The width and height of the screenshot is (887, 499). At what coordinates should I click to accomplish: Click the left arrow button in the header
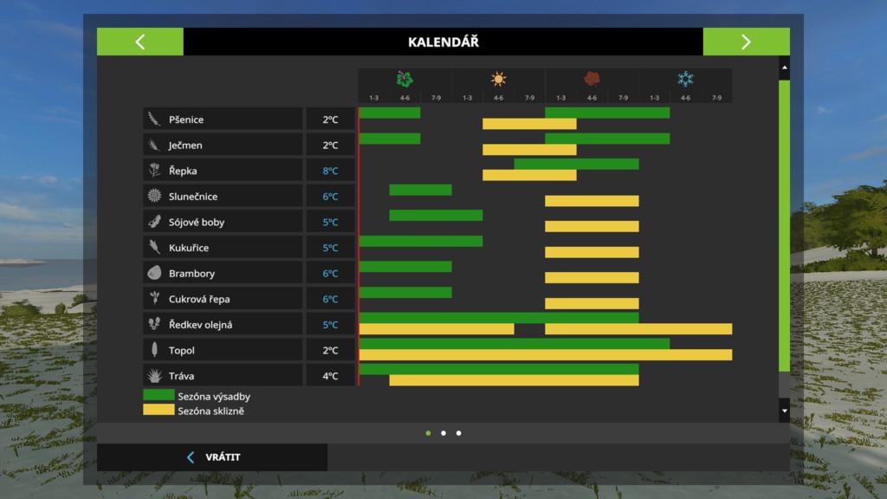(x=140, y=42)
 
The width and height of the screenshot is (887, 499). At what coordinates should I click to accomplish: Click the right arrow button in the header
(x=746, y=42)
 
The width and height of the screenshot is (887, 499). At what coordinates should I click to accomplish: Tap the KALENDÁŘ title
(x=443, y=42)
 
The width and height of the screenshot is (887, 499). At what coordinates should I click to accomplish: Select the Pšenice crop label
(x=186, y=120)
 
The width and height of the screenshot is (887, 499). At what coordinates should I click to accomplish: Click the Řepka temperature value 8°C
(x=330, y=171)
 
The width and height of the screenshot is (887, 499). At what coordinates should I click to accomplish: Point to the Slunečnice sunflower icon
(x=154, y=196)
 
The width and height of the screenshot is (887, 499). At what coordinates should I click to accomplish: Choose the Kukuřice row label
(x=188, y=248)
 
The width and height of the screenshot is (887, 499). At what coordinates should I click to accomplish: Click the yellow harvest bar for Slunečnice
(x=592, y=201)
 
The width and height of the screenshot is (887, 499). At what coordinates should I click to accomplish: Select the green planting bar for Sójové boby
(x=436, y=215)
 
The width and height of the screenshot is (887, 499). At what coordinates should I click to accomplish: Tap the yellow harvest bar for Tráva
(x=514, y=380)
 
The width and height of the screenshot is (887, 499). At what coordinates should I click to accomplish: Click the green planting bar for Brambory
(x=405, y=266)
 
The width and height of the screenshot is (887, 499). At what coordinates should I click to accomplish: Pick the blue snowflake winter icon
(x=685, y=80)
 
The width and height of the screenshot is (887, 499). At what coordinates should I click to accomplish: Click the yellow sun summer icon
(x=498, y=80)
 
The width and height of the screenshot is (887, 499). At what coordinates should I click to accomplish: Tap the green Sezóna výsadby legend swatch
(x=159, y=396)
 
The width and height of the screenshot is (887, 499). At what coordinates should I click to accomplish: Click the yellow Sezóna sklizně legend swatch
(x=159, y=410)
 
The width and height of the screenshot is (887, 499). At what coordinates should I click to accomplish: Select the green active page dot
(x=428, y=432)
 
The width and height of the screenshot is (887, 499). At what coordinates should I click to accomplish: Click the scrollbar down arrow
(x=784, y=411)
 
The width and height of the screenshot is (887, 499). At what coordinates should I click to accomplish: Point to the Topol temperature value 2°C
(x=330, y=351)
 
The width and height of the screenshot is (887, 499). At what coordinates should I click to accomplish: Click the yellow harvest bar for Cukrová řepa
(x=592, y=303)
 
